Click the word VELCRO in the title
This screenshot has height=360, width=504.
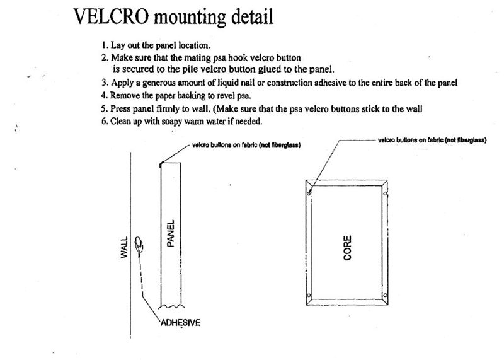111,16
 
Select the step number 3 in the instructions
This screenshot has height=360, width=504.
104,83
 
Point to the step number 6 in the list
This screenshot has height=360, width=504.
104,121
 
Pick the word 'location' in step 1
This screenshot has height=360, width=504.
194,45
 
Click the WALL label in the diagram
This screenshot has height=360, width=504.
124,247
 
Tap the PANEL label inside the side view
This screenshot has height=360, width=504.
171,233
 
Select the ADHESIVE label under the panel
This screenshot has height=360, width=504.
180,322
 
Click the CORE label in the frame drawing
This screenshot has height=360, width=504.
347,248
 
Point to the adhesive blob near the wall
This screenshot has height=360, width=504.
139,245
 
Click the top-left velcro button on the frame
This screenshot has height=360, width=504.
309,193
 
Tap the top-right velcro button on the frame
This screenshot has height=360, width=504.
385,194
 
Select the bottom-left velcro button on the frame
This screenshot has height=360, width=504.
309,295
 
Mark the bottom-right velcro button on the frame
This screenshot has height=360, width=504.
385,295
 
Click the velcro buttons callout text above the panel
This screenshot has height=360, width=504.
246,145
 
